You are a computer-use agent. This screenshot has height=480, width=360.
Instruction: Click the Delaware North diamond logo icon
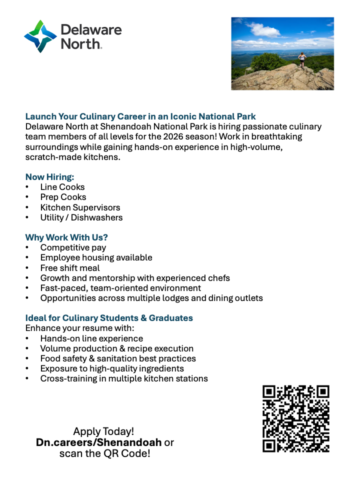pyautogui.click(x=40, y=36)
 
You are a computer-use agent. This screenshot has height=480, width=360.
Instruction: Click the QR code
pyautogui.click(x=296, y=418)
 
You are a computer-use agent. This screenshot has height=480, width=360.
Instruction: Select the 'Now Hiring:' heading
pyautogui.click(x=50, y=177)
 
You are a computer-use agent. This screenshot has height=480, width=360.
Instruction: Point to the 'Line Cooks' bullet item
pyautogui.click(x=62, y=187)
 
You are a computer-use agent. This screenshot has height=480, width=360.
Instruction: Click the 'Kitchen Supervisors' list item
pyautogui.click(x=80, y=207)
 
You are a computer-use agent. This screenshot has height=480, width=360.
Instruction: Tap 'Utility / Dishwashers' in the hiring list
pyautogui.click(x=81, y=217)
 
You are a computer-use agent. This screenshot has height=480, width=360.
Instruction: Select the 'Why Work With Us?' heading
pyautogui.click(x=66, y=237)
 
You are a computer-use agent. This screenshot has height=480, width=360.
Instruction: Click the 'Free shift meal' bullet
pyautogui.click(x=70, y=268)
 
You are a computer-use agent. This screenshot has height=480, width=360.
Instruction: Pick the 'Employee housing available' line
pyautogui.click(x=96, y=257)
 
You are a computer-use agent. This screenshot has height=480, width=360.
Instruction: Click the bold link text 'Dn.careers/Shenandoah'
pyautogui.click(x=98, y=442)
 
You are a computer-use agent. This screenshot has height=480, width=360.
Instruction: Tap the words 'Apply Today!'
pyautogui.click(x=103, y=431)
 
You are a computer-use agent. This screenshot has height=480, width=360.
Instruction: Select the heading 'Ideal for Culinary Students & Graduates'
pyautogui.click(x=109, y=318)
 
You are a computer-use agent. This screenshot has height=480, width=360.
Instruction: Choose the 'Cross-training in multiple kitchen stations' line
pyautogui.click(x=124, y=378)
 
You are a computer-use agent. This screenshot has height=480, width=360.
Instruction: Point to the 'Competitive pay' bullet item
pyautogui.click(x=73, y=247)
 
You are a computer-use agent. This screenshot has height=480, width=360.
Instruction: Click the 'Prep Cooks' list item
pyautogui.click(x=63, y=197)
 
